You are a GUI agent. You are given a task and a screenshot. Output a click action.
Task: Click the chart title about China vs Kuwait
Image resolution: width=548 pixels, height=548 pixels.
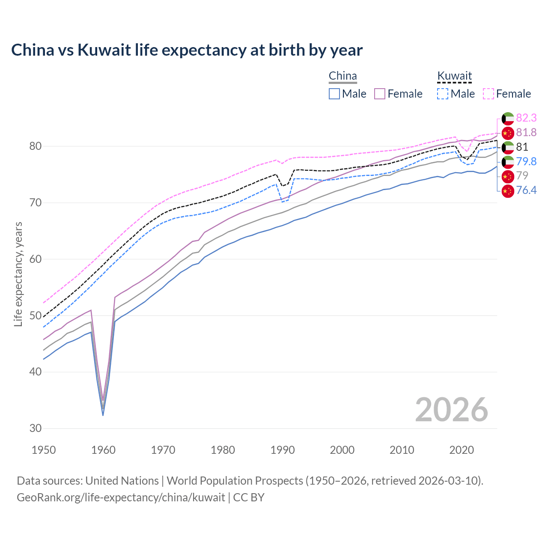point(187,50)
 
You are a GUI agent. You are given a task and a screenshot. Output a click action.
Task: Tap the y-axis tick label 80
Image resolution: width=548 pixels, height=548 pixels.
point(36,146)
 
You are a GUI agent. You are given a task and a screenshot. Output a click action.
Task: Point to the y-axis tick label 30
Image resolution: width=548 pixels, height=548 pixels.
point(36,428)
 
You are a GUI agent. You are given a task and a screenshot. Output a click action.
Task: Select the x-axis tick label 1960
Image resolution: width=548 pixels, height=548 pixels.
point(104,450)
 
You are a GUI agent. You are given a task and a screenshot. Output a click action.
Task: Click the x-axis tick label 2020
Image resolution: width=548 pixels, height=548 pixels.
point(462,450)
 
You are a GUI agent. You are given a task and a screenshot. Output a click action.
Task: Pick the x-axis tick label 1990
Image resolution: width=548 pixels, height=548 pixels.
point(283,450)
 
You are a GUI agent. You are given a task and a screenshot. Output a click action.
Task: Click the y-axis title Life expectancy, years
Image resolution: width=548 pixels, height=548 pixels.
point(18,274)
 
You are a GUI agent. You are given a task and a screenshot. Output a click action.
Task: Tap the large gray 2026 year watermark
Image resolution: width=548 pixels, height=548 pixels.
point(451,410)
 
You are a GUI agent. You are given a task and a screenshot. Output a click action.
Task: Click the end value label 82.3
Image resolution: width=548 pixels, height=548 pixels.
point(526,118)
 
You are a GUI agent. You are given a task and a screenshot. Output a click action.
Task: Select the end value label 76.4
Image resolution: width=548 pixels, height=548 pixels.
point(526,190)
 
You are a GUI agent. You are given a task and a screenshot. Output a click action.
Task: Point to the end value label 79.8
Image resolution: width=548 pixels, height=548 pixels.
point(526,161)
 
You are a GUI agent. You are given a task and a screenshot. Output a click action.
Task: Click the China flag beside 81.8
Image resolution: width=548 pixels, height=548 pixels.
point(508,133)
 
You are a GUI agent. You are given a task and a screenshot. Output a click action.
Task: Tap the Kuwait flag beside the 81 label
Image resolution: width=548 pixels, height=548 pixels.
point(508,147)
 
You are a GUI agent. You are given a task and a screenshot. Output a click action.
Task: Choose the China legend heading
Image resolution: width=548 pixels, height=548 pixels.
point(342,76)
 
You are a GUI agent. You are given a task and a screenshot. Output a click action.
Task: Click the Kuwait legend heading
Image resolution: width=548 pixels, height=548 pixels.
point(454,76)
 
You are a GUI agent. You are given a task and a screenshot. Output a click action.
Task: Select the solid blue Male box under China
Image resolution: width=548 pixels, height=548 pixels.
point(334,94)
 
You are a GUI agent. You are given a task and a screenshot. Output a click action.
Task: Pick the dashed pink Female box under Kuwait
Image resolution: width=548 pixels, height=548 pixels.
point(488,94)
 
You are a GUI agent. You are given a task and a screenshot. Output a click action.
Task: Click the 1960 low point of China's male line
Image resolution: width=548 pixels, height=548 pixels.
point(103,415)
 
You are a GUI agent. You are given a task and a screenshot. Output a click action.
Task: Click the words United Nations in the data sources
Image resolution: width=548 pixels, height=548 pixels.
point(122,481)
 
